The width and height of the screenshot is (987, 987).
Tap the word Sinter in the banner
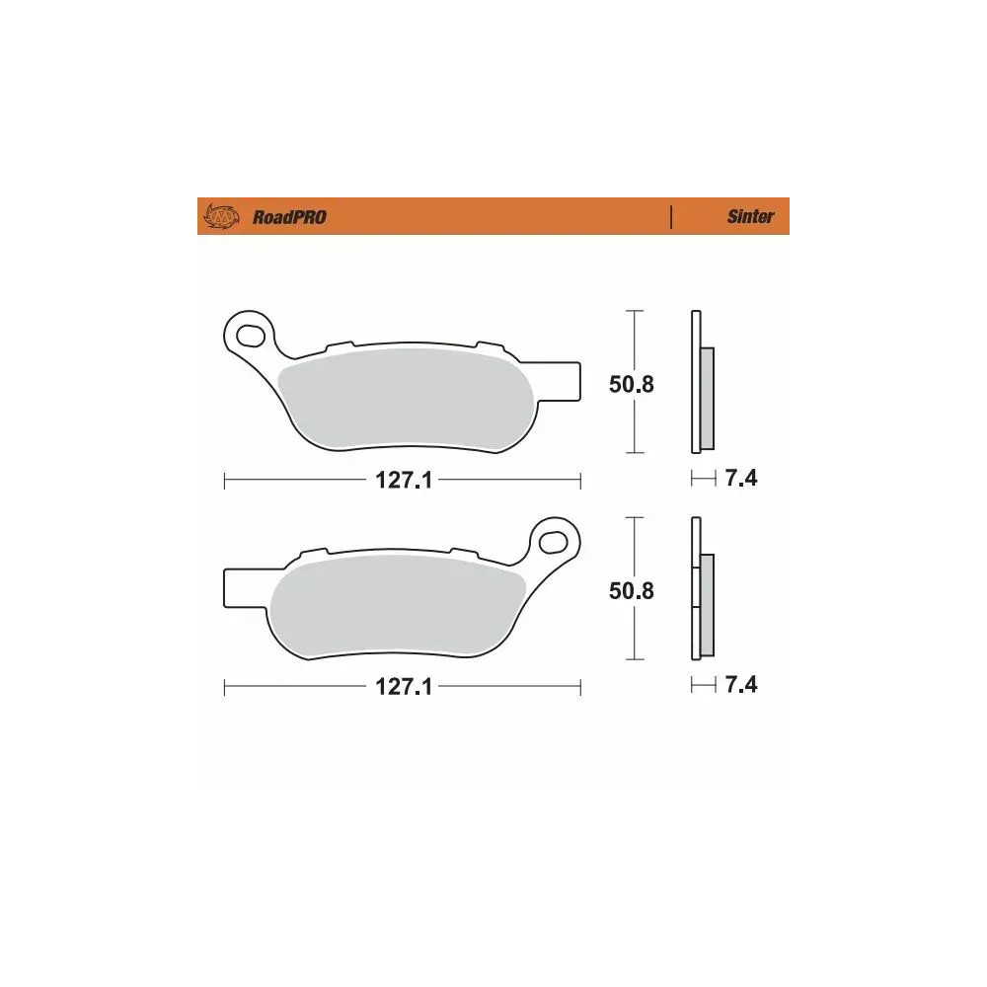pyautogui.click(x=750, y=217)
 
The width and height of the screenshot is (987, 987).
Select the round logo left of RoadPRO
pyautogui.click(x=221, y=216)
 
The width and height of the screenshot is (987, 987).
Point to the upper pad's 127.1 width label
pyautogui.click(x=403, y=481)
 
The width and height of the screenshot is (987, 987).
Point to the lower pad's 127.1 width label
pyautogui.click(x=403, y=687)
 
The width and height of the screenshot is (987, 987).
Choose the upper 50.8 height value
pyautogui.click(x=632, y=384)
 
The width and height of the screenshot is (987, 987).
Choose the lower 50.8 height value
pyautogui.click(x=632, y=590)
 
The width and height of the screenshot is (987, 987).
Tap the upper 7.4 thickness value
pyautogui.click(x=740, y=480)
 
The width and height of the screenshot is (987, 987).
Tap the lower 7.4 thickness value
pyautogui.click(x=740, y=685)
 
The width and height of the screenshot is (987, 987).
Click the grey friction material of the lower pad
pyautogui.click(x=395, y=602)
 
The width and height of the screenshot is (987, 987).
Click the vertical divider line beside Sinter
pyautogui.click(x=671, y=217)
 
